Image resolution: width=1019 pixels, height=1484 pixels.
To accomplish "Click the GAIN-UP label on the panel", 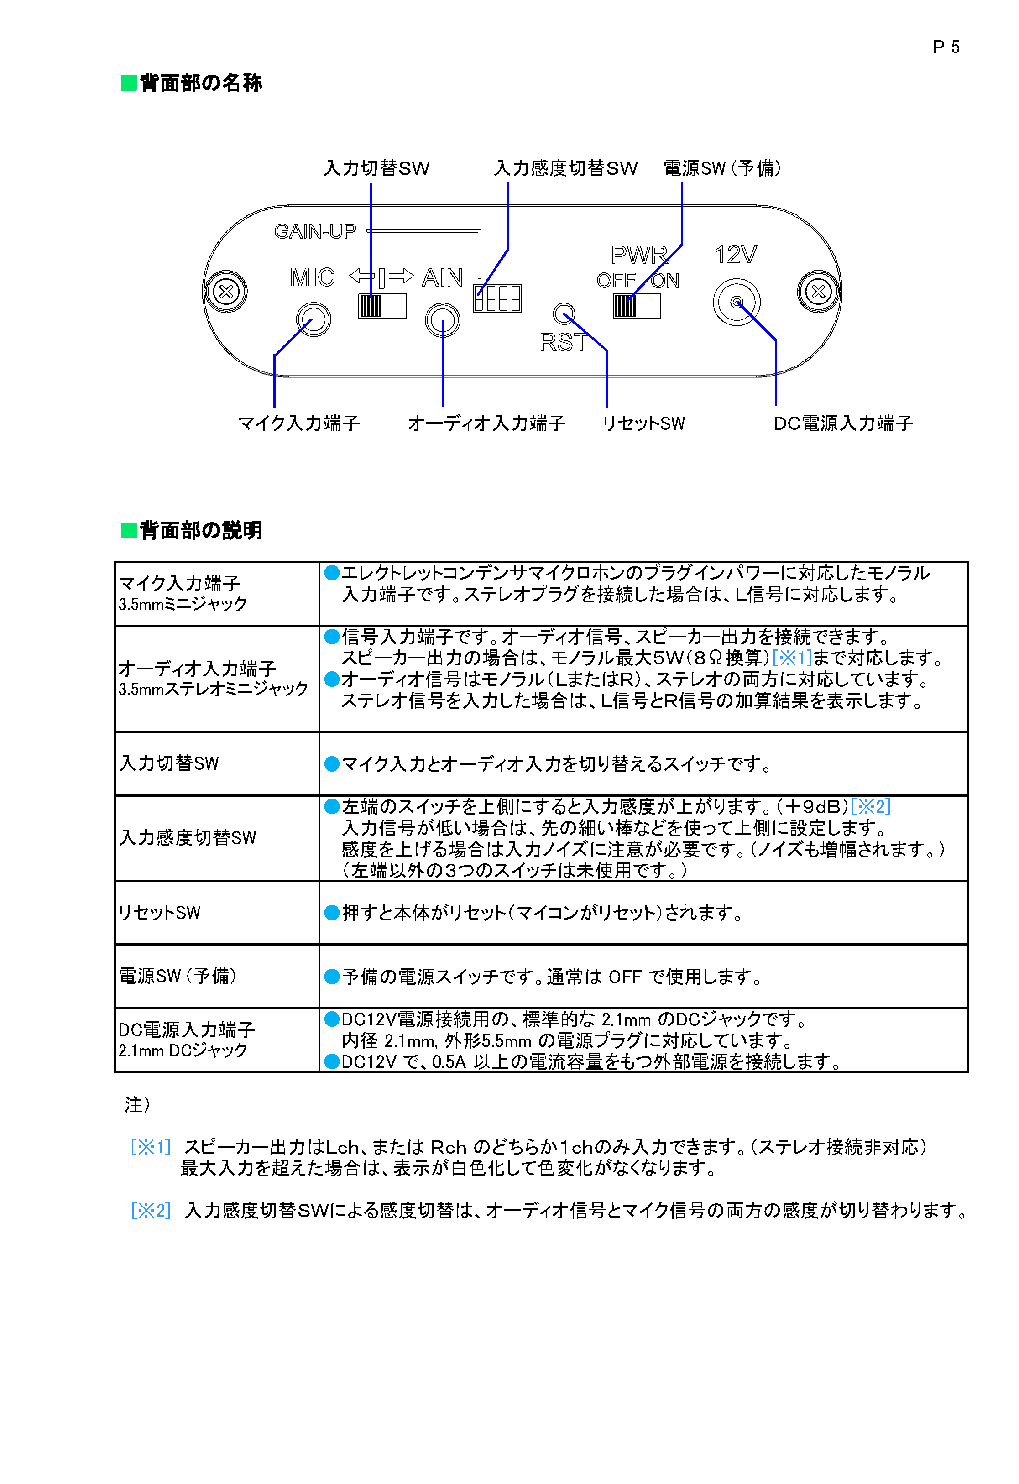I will point(315,231).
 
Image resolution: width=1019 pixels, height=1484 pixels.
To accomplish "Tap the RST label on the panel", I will point(562,343).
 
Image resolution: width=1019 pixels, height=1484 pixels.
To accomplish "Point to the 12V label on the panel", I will point(736,255).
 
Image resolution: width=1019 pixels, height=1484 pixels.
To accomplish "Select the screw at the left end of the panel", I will point(226,292).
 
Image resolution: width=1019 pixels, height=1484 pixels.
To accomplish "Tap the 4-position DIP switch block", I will point(497,298).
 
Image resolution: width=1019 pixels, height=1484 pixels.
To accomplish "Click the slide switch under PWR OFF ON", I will point(637,307).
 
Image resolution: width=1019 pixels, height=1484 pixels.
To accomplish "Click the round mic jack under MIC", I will point(314,319).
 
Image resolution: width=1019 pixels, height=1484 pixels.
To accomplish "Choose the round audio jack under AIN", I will point(443,320).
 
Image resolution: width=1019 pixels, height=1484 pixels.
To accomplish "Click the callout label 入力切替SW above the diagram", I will point(376,168).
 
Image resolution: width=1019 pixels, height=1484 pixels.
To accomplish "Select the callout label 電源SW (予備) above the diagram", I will point(721,168).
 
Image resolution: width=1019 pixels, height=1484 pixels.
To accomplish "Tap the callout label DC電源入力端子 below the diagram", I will point(843,423).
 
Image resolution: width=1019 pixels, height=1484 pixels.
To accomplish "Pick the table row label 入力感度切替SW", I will point(188,838).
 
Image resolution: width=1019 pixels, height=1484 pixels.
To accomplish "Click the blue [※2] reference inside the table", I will point(871,806).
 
